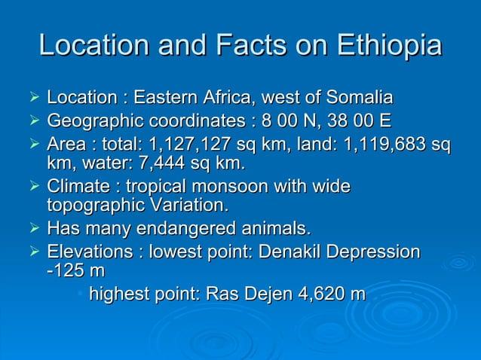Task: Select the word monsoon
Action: [234, 186]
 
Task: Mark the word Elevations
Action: [90, 251]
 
